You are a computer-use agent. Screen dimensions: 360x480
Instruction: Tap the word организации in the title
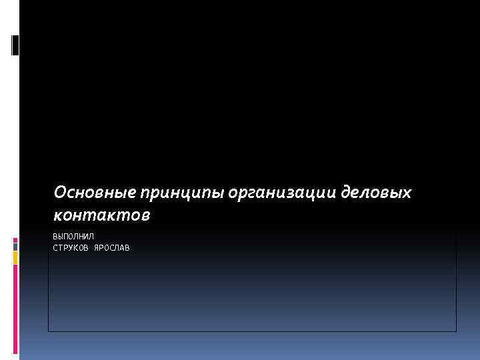pos(283,193)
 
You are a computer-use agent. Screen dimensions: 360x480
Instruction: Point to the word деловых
pos(376,193)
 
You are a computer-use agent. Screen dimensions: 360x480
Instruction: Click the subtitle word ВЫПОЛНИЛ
pos(73,237)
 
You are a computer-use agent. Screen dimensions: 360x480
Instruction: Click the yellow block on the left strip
pos(15,258)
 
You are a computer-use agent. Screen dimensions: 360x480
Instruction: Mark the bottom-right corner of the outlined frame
pos(456,331)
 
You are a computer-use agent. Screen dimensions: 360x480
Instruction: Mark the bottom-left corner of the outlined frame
pos(48,331)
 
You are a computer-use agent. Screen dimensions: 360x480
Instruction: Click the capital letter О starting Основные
pos(60,193)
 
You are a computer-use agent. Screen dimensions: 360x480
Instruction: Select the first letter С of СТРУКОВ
pos(55,248)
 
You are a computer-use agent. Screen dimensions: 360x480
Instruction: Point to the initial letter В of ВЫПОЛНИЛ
pos(55,237)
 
